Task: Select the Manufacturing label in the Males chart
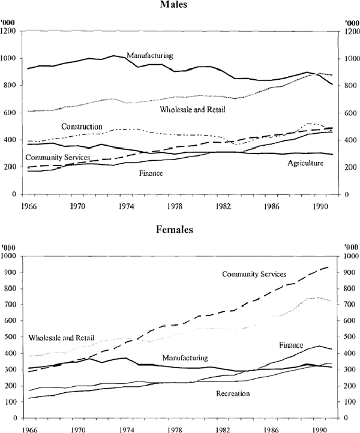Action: pyautogui.click(x=149, y=56)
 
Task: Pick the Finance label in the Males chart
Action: pyautogui.click(x=151, y=173)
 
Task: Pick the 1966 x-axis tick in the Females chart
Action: pyautogui.click(x=26, y=429)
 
